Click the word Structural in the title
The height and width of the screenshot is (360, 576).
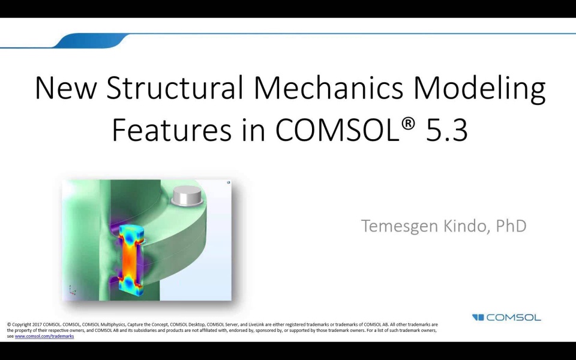pos(175,88)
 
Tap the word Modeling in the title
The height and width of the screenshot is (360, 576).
pos(480,89)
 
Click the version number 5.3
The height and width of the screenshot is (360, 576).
pos(446,130)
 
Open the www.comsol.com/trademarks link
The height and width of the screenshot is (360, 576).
pos(44,337)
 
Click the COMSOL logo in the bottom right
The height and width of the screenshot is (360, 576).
pos(506,317)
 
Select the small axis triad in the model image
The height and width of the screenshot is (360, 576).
pos(72,290)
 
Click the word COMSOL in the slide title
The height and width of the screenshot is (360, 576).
pos(335,130)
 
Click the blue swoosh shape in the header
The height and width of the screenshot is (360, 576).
pos(90,41)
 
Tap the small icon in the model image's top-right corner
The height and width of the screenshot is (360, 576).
pos(229,182)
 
